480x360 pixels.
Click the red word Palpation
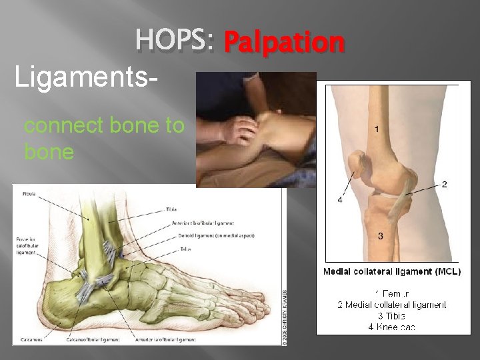coord(284,43)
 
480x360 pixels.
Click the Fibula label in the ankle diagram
coord(27,194)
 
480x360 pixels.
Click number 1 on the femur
coord(377,129)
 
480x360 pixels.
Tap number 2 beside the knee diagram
coord(444,183)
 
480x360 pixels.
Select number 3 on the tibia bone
coord(380,236)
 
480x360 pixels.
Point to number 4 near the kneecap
coord(340,199)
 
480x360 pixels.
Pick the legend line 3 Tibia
coord(392,315)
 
